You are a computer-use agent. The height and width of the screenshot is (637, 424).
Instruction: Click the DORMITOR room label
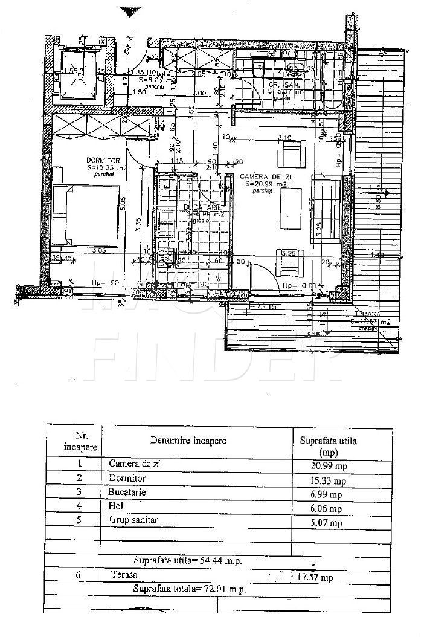pyautogui.click(x=99, y=160)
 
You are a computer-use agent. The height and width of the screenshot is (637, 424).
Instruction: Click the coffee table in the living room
pyautogui.click(x=292, y=207)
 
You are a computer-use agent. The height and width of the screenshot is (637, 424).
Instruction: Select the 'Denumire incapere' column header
pyautogui.click(x=188, y=441)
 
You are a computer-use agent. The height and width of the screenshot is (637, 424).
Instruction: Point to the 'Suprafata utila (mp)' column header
pyautogui.click(x=328, y=446)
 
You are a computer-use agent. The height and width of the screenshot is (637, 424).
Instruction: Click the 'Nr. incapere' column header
pyautogui.click(x=75, y=441)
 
